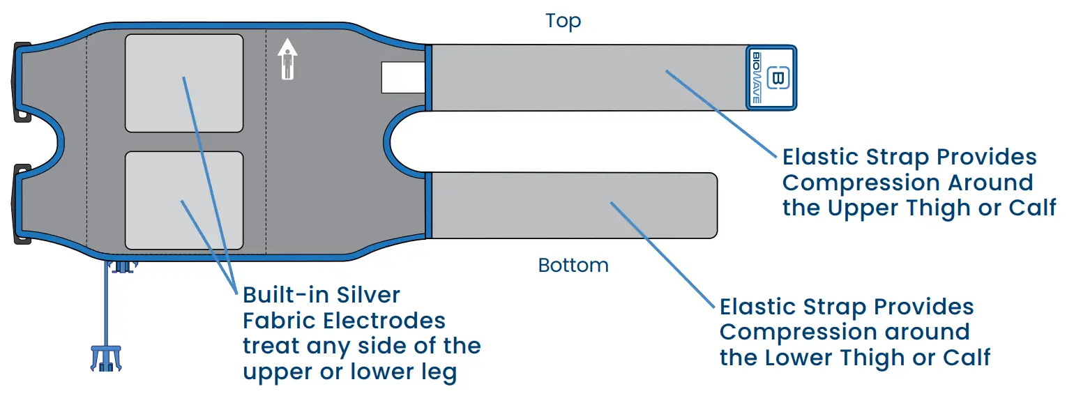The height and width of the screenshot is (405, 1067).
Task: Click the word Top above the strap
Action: point(563,22)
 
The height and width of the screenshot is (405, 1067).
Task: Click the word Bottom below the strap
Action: point(573,266)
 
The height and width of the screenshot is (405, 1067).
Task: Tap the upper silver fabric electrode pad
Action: point(184,83)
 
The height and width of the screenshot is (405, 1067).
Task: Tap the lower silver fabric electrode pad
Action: point(184,200)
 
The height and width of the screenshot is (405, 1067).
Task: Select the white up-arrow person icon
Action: point(287,59)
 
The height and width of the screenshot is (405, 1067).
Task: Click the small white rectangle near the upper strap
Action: point(403,77)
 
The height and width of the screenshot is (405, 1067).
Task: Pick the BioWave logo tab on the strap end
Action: point(771,77)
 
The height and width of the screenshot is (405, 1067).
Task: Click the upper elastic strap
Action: point(586,77)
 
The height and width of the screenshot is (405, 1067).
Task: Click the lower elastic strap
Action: point(572,205)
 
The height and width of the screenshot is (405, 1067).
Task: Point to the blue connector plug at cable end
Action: point(105,356)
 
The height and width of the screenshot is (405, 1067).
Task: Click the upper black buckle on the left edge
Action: point(22,82)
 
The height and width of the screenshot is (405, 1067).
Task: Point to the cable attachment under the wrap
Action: point(122,266)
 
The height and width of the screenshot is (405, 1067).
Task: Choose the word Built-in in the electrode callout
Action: point(285,295)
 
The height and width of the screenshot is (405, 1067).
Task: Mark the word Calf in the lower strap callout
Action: point(967,358)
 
